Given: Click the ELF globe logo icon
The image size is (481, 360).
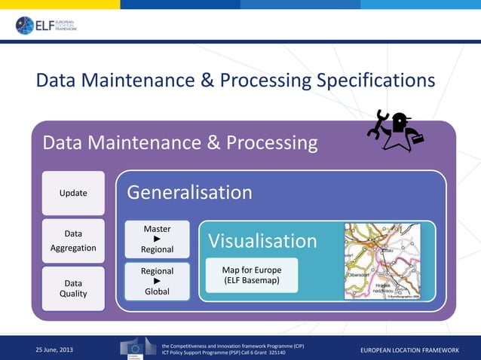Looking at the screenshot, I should [x=25, y=25].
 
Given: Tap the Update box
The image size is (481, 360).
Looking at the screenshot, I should [x=73, y=193].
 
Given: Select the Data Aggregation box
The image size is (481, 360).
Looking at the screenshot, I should [x=73, y=241].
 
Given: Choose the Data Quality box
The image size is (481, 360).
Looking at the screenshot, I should [x=73, y=288].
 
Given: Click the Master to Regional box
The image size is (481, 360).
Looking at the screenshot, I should [x=157, y=239].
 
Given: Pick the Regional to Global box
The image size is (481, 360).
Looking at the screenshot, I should [x=157, y=281].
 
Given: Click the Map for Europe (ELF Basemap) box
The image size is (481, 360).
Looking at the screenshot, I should [x=252, y=276].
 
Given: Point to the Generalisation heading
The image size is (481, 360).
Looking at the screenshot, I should [x=189, y=193].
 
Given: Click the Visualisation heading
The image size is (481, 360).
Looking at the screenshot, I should [x=262, y=241].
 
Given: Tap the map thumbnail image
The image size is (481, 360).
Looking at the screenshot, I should [x=388, y=261].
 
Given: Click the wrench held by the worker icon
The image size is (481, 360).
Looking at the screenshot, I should [x=376, y=124].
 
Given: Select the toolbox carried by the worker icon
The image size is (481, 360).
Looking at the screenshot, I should [x=414, y=136].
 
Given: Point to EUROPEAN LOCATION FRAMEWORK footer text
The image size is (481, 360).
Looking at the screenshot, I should [x=409, y=349].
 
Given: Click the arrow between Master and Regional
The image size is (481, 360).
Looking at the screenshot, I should [x=157, y=239].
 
